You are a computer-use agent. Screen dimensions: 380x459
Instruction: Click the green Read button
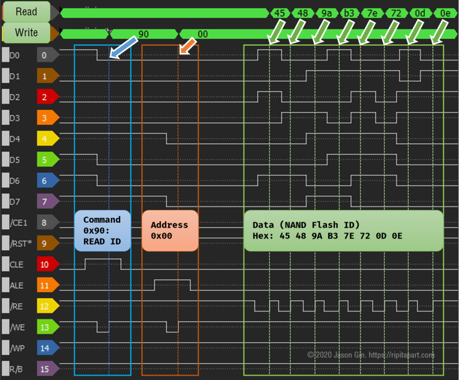tap(26, 11)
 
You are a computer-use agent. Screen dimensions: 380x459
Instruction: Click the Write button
tap(26, 33)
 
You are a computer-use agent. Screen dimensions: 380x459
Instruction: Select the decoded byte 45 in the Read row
tap(279, 13)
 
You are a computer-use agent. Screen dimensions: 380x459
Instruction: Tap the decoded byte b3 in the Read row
tap(349, 13)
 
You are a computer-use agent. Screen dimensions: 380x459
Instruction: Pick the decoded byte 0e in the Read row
tap(445, 13)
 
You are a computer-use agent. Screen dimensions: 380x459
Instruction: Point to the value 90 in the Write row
tap(143, 34)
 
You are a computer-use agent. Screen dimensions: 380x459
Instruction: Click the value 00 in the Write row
tap(202, 34)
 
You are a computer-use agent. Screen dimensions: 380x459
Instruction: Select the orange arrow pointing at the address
tap(188, 46)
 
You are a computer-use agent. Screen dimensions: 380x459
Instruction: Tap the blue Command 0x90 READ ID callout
tap(102, 230)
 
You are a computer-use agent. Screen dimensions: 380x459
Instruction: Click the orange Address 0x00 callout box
tap(169, 230)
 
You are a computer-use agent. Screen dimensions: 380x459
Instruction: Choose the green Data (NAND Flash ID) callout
tap(343, 230)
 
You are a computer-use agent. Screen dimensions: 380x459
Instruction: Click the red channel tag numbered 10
tap(46, 264)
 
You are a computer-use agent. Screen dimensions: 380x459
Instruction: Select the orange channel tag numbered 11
tap(46, 285)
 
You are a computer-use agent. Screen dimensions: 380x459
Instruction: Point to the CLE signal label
tap(17, 264)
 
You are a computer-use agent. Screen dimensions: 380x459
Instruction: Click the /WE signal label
tap(17, 327)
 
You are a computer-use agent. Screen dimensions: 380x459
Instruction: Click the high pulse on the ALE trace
tap(172, 281)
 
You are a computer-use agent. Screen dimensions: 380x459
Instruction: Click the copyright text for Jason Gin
tap(371, 355)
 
